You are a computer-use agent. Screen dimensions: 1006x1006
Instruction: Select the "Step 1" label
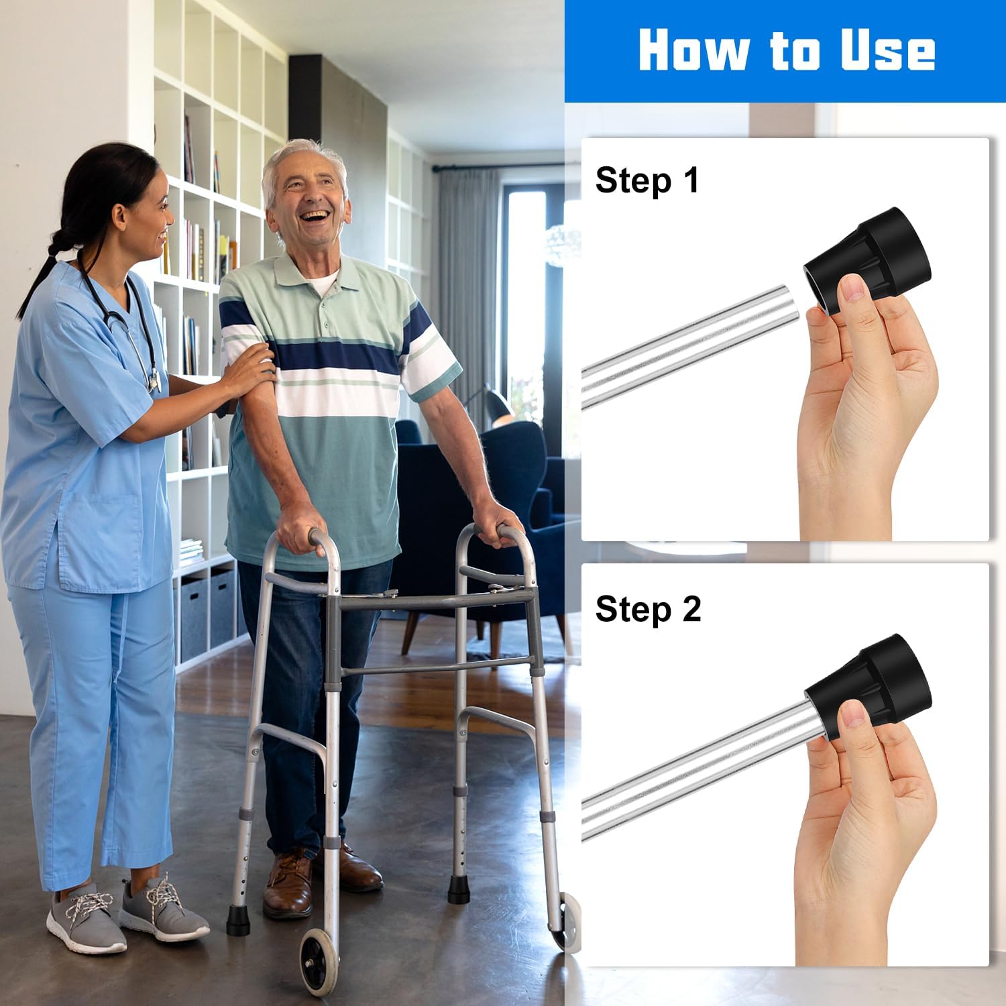pos(647,182)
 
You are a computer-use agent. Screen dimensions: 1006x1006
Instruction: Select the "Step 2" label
pos(648,610)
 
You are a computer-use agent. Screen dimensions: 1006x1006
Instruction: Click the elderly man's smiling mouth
pos(314,219)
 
